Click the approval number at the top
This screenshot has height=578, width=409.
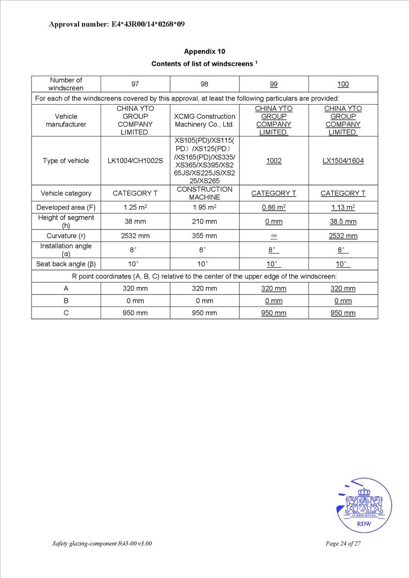[117, 24]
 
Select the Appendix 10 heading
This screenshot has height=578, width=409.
[204, 52]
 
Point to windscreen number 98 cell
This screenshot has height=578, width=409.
[204, 84]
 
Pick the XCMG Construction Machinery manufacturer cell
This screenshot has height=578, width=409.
[204, 121]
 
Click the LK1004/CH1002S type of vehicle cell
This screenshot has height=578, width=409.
[135, 161]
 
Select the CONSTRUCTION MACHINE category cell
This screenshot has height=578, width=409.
[204, 193]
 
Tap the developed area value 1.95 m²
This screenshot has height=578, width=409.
[204, 207]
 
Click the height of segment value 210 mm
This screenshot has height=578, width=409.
[204, 222]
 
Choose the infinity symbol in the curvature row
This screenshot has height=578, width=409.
[274, 236]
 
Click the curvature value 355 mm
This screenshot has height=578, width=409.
[204, 236]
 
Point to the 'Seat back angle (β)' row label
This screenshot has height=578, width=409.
[66, 264]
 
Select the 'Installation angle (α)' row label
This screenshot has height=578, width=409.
[66, 250]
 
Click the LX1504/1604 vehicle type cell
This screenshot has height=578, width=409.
[343, 161]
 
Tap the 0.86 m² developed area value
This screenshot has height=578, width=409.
[274, 207]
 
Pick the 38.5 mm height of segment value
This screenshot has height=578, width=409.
[343, 222]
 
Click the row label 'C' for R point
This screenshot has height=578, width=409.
[66, 313]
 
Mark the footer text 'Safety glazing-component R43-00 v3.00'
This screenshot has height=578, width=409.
[102, 543]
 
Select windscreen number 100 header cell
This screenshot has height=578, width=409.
[343, 84]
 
